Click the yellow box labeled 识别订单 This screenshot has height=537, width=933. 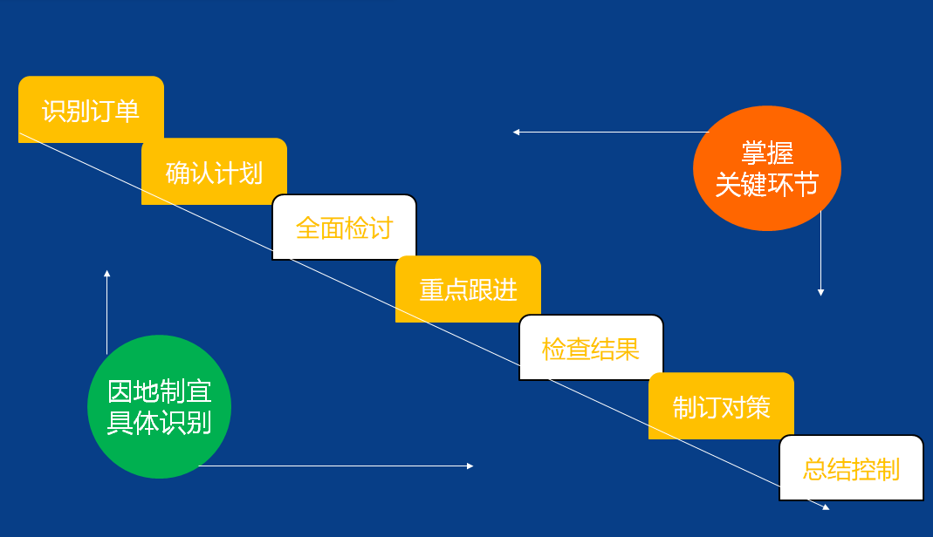click(x=91, y=110)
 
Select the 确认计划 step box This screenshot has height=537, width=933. click(x=214, y=172)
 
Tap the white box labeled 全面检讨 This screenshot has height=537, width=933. click(x=344, y=227)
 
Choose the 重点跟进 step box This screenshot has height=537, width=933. click(x=468, y=289)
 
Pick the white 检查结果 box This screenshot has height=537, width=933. click(x=591, y=348)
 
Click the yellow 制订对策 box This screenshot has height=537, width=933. click(x=721, y=405)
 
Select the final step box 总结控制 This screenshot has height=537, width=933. click(x=851, y=468)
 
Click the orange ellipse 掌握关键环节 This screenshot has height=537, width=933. click(x=766, y=168)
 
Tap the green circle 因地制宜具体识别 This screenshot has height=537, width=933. click(x=159, y=407)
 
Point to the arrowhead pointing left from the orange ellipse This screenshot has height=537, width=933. click(x=517, y=133)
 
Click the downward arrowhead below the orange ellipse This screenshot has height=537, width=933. click(x=820, y=292)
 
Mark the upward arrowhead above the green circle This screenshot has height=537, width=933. click(x=107, y=274)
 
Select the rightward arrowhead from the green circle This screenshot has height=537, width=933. click(x=470, y=466)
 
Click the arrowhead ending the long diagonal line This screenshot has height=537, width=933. click(x=825, y=506)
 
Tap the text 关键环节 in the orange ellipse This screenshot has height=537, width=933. click(x=766, y=185)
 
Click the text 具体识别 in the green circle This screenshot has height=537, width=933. click(x=159, y=423)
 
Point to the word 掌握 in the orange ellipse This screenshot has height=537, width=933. click(x=766, y=153)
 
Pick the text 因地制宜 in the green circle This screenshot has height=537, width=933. click(x=159, y=391)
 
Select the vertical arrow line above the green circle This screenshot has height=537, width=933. click(x=107, y=314)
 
